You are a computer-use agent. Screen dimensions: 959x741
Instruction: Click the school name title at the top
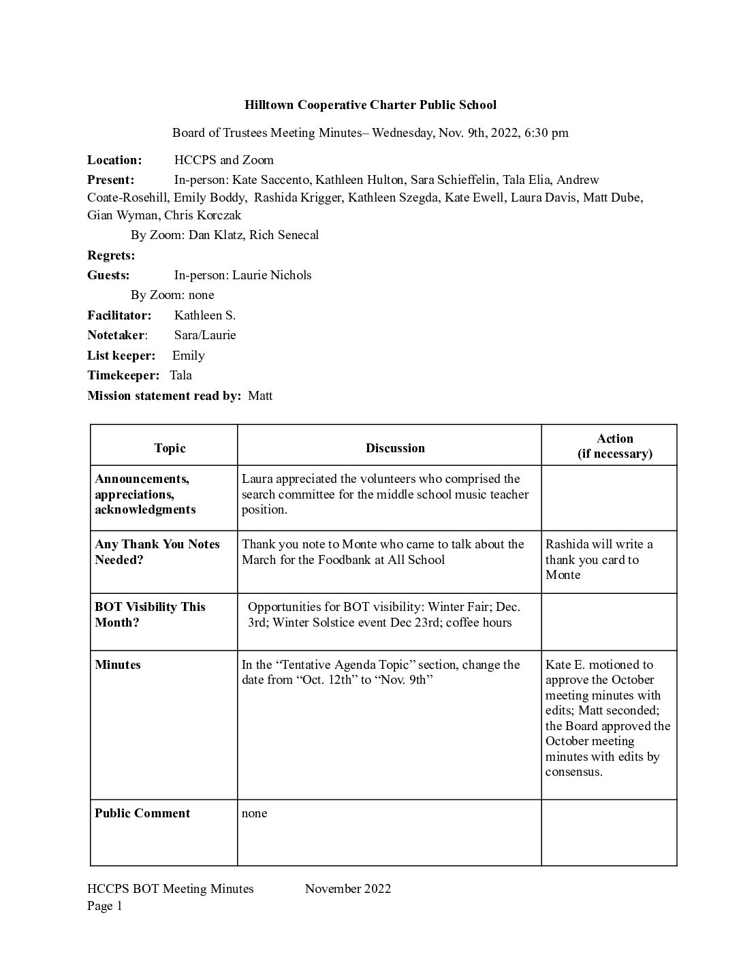click(370, 105)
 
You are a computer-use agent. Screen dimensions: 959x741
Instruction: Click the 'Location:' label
click(114, 160)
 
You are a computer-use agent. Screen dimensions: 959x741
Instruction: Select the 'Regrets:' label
click(111, 255)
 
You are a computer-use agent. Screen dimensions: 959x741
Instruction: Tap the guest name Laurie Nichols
click(272, 275)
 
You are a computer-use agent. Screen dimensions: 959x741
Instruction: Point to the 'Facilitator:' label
click(119, 315)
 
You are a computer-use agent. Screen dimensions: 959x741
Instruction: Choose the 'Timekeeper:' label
click(123, 375)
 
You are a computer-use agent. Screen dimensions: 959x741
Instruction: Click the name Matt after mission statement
click(260, 396)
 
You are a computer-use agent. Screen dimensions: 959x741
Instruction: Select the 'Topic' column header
click(170, 448)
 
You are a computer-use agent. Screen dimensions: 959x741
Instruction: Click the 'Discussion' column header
click(395, 448)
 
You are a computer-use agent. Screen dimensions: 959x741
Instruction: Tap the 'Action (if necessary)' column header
click(614, 446)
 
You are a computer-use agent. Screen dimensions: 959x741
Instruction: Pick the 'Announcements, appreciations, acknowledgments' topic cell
click(145, 494)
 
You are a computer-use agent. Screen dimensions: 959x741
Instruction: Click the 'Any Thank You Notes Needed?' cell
click(157, 552)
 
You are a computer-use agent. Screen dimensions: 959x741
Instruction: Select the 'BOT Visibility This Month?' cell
click(150, 614)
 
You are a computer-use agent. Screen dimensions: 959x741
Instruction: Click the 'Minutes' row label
click(118, 665)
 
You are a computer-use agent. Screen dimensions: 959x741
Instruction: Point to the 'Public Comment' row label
click(142, 813)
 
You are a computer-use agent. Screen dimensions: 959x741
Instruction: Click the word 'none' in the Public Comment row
click(255, 813)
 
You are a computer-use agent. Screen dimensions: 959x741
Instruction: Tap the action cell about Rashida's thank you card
click(599, 559)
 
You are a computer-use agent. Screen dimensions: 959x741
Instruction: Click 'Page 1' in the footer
click(105, 906)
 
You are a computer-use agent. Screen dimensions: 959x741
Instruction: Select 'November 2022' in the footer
click(348, 889)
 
